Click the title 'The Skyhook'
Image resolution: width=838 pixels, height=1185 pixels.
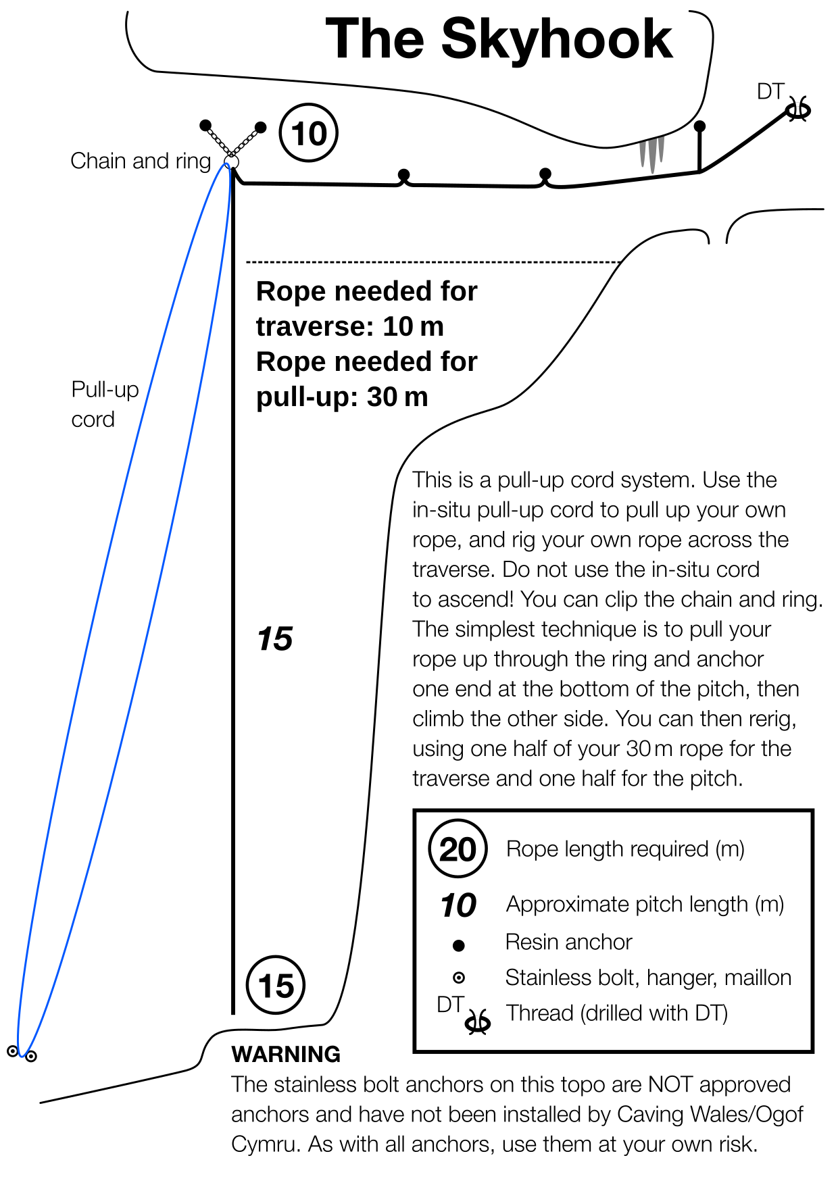point(499,39)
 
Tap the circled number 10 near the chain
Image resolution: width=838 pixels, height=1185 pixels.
point(308,133)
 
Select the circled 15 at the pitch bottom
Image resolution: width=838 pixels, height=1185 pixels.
point(276,986)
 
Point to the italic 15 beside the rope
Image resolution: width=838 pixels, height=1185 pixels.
point(275,639)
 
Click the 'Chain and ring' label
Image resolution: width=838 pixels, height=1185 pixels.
point(141,161)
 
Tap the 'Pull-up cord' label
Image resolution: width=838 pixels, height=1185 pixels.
point(105,404)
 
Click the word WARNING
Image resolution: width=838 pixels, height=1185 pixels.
point(286,1054)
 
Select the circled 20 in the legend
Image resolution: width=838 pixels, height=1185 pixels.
point(458,849)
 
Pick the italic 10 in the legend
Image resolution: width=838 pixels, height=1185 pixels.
point(458,905)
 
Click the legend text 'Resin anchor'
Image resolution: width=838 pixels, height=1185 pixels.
point(568,942)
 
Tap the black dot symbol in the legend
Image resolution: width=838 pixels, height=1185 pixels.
point(458,945)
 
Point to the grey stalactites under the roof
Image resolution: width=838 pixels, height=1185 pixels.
point(651,154)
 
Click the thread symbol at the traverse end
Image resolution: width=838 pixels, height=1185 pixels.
point(798,109)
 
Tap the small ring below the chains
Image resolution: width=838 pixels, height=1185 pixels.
point(231,162)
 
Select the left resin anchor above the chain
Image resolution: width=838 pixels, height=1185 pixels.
point(205,125)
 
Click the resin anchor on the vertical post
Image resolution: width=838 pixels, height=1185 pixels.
point(699,126)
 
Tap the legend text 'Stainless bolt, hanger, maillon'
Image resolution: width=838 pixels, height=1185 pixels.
point(648,978)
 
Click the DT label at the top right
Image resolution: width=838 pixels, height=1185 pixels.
point(770,91)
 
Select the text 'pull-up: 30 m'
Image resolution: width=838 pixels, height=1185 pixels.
point(342,397)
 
